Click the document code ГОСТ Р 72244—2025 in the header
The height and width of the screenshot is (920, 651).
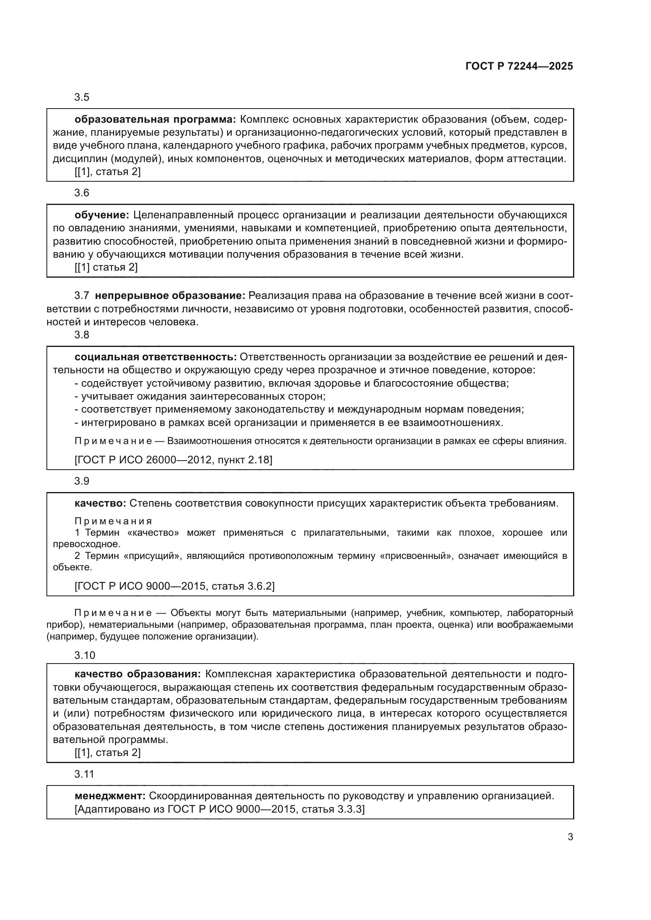point(519,66)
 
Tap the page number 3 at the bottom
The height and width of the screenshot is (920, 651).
point(570,837)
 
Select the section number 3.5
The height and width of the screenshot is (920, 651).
point(82,98)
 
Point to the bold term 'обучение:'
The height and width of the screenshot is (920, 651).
point(102,215)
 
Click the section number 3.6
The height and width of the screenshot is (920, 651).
point(82,193)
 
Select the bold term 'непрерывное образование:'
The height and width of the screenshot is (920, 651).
point(170,296)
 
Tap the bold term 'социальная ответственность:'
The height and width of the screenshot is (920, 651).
point(155,357)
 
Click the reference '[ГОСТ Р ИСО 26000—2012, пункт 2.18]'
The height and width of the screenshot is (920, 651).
point(173,459)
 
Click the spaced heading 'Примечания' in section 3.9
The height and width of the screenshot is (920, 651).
point(113,521)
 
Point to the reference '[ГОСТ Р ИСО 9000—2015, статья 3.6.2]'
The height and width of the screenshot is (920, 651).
point(174,586)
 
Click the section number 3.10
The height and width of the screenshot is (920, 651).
point(85,656)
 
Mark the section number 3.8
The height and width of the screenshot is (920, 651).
point(82,335)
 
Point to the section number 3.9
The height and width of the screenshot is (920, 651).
point(82,481)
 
